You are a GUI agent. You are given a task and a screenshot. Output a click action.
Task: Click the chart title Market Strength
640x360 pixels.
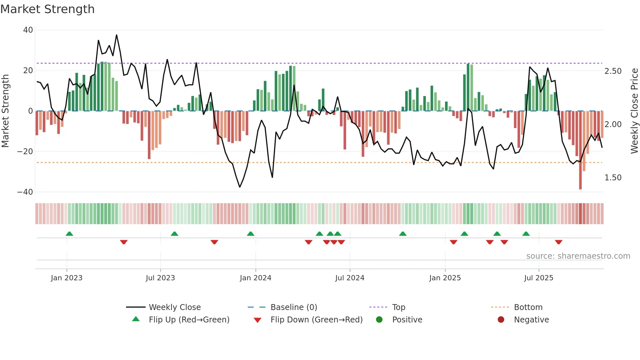[x=48, y=9]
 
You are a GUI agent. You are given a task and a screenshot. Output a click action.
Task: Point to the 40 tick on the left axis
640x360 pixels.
[x=28, y=30]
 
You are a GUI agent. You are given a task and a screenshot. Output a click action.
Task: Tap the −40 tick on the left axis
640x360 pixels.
[x=25, y=192]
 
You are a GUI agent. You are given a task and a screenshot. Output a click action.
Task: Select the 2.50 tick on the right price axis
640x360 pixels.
[x=613, y=71]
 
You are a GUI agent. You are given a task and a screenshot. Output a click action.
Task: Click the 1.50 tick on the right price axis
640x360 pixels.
[x=613, y=178]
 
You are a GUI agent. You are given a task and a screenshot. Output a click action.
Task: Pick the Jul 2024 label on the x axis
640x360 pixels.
[x=350, y=278]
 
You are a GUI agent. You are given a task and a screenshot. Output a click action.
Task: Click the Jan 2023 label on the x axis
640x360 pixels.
[x=67, y=278]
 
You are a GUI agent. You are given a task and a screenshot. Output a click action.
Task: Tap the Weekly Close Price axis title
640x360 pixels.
[x=634, y=111]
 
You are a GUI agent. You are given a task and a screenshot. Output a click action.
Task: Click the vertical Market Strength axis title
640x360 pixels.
[x=5, y=111]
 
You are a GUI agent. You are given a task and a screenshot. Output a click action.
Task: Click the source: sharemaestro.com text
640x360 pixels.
[x=578, y=256]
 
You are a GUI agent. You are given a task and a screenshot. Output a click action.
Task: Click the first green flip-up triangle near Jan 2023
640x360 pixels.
[x=69, y=234]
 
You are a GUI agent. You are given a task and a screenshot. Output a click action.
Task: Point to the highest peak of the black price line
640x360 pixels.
[x=117, y=35]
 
